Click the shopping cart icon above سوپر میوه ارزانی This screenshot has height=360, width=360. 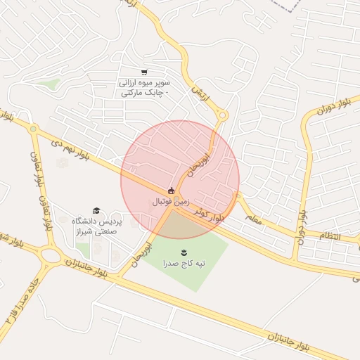click(x=144, y=72)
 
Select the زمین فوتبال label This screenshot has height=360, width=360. click(x=171, y=202)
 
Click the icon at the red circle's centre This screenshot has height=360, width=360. click(x=171, y=191)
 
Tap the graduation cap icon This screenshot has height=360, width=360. click(x=96, y=210)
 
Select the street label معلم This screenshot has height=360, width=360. click(x=254, y=219)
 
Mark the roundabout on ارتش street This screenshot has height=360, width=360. click(x=223, y=115)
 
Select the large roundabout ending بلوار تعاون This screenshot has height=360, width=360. click(x=51, y=255)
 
